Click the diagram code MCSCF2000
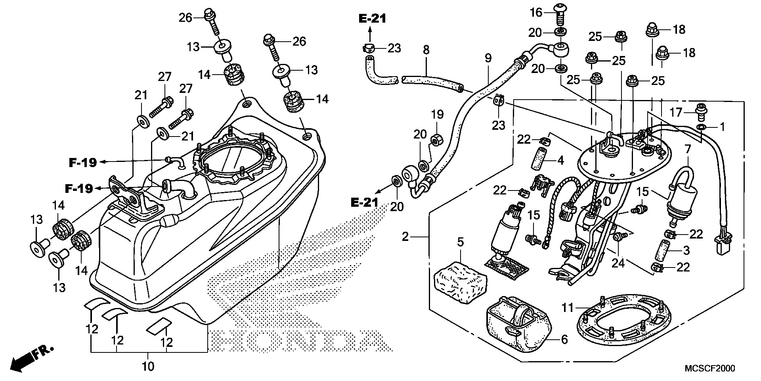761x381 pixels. [x=710, y=369]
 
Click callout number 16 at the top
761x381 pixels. [x=536, y=13]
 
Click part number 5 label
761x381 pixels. [x=460, y=242]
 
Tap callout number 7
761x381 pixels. [x=688, y=150]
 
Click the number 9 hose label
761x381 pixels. [x=488, y=58]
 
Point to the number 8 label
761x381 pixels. [x=426, y=50]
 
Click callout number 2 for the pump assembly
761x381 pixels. [x=405, y=237]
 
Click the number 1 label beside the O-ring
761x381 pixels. [x=722, y=127]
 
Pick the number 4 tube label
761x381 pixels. [x=560, y=161]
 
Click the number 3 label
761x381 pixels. [x=686, y=250]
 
